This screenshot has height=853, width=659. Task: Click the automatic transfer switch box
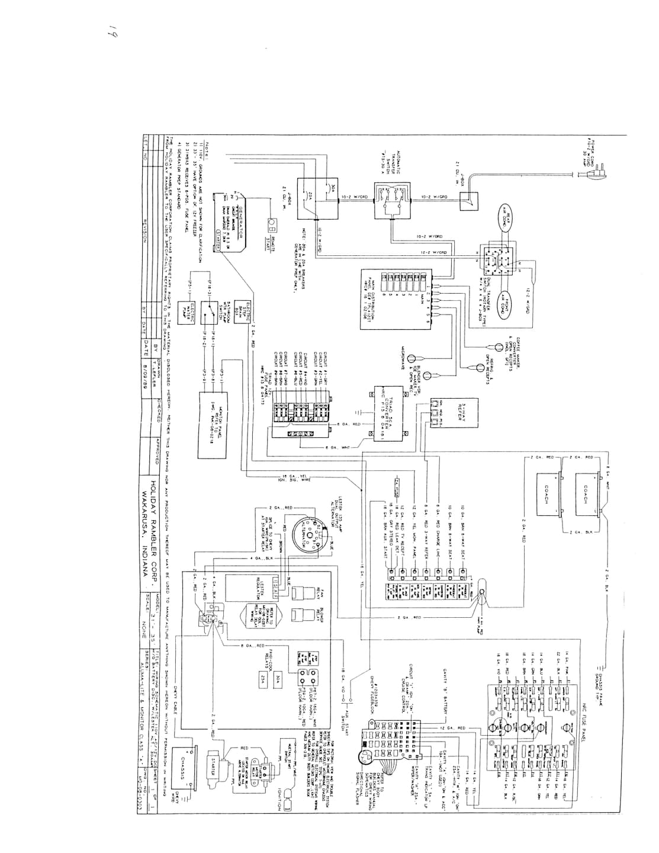click(390, 203)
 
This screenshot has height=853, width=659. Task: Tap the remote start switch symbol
click(271, 225)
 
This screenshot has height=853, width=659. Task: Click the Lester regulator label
click(262, 589)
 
